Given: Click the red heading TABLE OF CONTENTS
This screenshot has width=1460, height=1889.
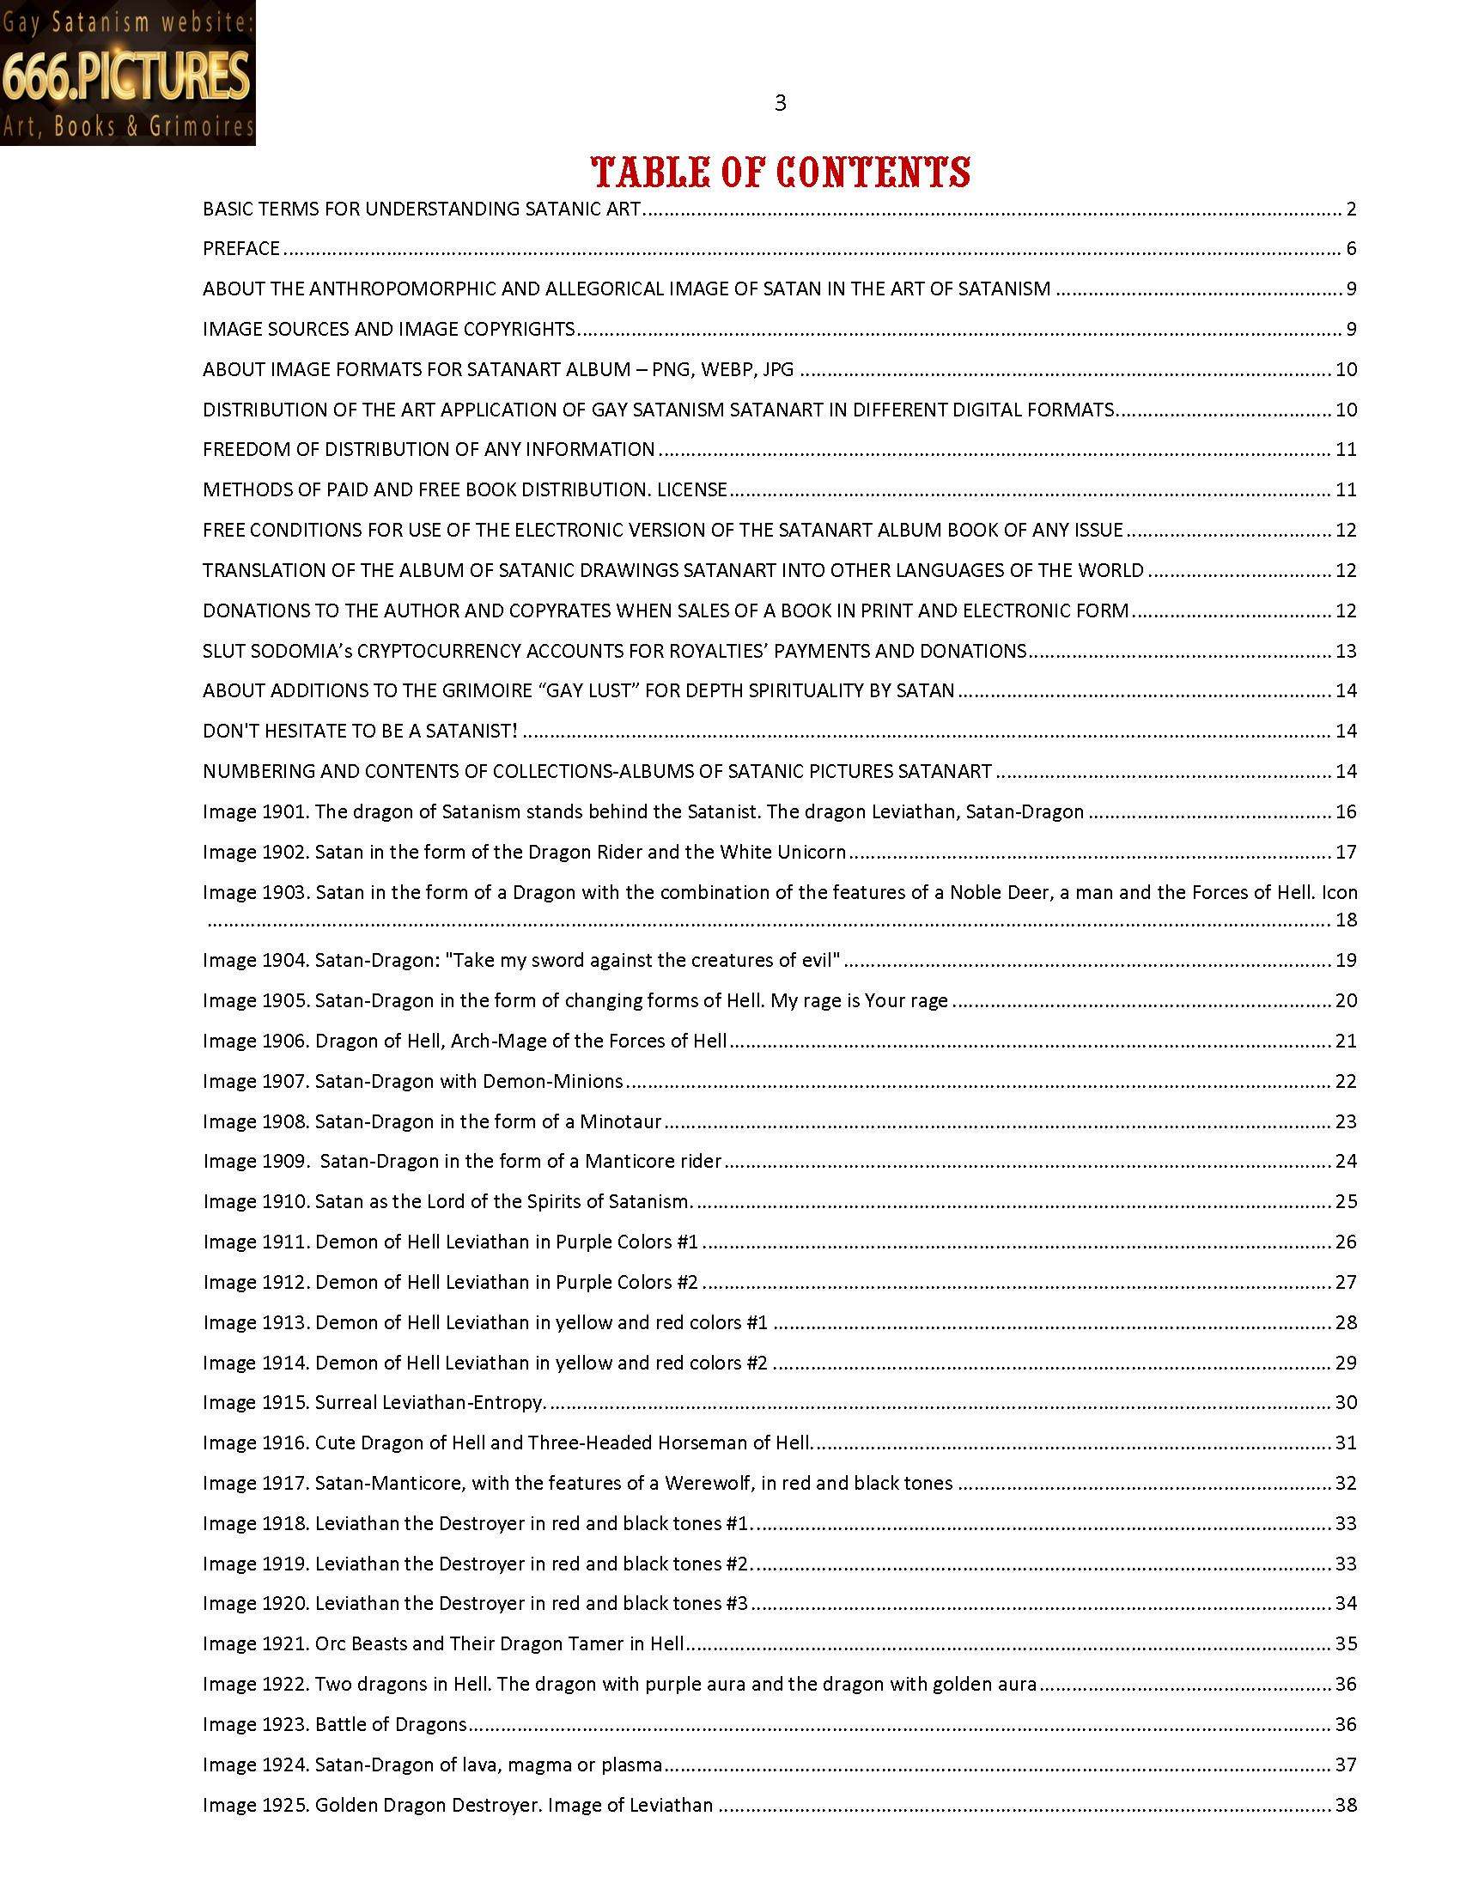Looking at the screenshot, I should click(x=780, y=172).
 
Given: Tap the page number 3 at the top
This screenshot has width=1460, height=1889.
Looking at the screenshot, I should click(x=780, y=104).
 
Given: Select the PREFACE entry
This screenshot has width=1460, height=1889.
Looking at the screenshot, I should click(x=241, y=249).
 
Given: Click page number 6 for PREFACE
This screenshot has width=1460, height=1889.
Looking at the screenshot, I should click(x=1351, y=249).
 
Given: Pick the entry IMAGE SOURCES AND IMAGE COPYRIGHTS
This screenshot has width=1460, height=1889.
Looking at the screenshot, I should click(x=388, y=330).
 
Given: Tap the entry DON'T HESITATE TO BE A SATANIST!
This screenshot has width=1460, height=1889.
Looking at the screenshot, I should click(x=360, y=731).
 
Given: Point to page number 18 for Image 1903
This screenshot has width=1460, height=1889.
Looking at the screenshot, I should click(x=1347, y=920).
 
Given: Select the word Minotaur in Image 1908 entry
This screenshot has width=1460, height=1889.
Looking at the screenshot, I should click(x=620, y=1122).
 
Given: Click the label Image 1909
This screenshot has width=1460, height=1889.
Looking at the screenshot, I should click(x=256, y=1162).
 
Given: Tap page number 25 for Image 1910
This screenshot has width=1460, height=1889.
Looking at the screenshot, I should click(x=1347, y=1201).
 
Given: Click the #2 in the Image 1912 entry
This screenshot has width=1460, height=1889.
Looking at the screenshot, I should click(x=688, y=1282).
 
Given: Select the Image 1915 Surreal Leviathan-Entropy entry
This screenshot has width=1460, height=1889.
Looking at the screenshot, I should click(x=374, y=1402).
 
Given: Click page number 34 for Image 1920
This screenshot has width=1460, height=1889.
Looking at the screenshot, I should click(x=1347, y=1604).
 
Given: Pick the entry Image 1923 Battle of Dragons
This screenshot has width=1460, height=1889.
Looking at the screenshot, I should click(x=335, y=1725).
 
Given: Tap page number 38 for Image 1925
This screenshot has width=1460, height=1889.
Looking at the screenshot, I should click(x=1347, y=1805).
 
